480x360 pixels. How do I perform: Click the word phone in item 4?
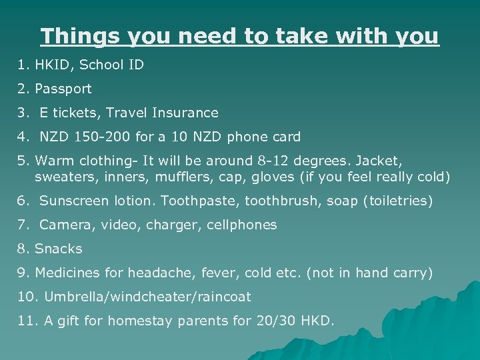click(x=247, y=137)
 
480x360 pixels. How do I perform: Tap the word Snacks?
click(x=58, y=249)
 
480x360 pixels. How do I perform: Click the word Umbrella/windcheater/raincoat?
click(x=143, y=297)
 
